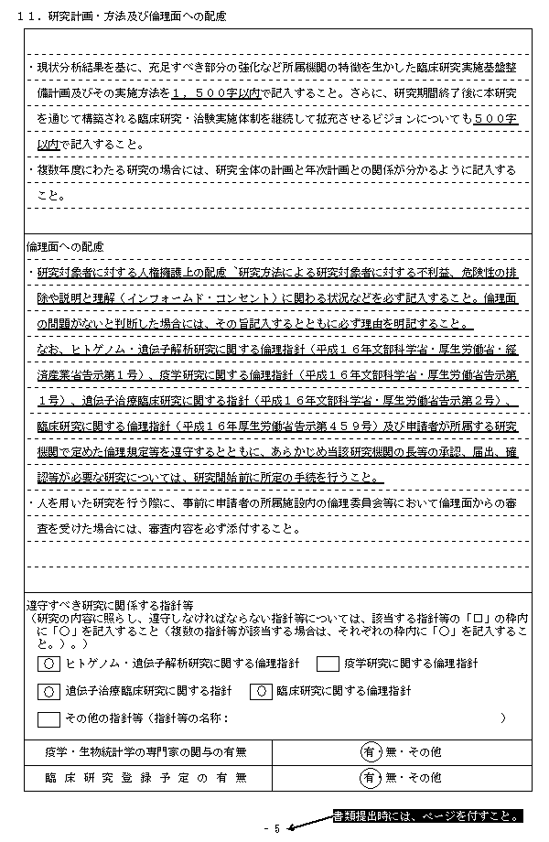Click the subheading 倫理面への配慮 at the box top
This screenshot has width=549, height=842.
point(66,247)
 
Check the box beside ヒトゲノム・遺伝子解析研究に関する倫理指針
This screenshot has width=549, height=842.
point(47,663)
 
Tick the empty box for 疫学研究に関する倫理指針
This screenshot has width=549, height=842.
point(328,663)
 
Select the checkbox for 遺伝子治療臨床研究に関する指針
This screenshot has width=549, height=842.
point(47,690)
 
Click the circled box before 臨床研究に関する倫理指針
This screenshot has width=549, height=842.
point(263,690)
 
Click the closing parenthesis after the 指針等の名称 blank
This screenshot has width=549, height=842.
point(502,718)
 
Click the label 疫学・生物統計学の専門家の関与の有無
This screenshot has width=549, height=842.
point(145,752)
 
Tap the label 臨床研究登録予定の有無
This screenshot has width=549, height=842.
point(145,778)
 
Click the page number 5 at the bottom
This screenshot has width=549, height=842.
point(276,828)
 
